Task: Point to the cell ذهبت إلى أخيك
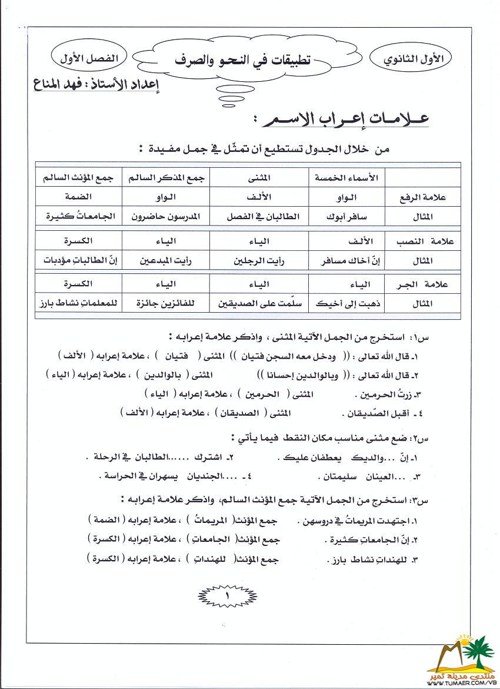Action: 348,304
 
